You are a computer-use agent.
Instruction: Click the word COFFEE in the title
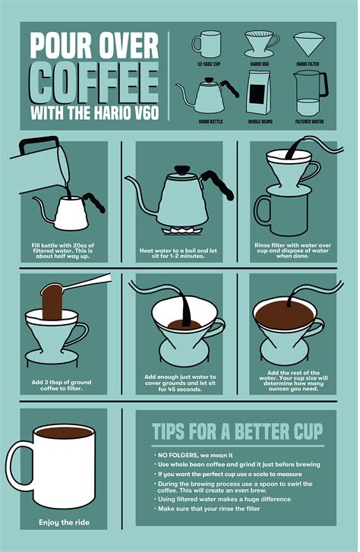(94, 82)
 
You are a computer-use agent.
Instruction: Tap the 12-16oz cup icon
(207, 44)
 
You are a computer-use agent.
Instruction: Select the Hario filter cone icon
(309, 44)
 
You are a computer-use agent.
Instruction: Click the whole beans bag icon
(258, 92)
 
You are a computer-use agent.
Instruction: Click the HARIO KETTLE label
(210, 121)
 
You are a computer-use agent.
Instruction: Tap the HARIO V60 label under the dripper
(260, 64)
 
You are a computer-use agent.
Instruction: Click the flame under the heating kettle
(180, 231)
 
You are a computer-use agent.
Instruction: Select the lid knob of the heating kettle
(182, 169)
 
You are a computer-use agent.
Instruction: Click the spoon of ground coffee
(76, 285)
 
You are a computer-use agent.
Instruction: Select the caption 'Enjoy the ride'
(64, 522)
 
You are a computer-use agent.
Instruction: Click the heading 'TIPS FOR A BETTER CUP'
(238, 431)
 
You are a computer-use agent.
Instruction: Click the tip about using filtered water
(224, 499)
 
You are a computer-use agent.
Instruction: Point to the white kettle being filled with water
(71, 211)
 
